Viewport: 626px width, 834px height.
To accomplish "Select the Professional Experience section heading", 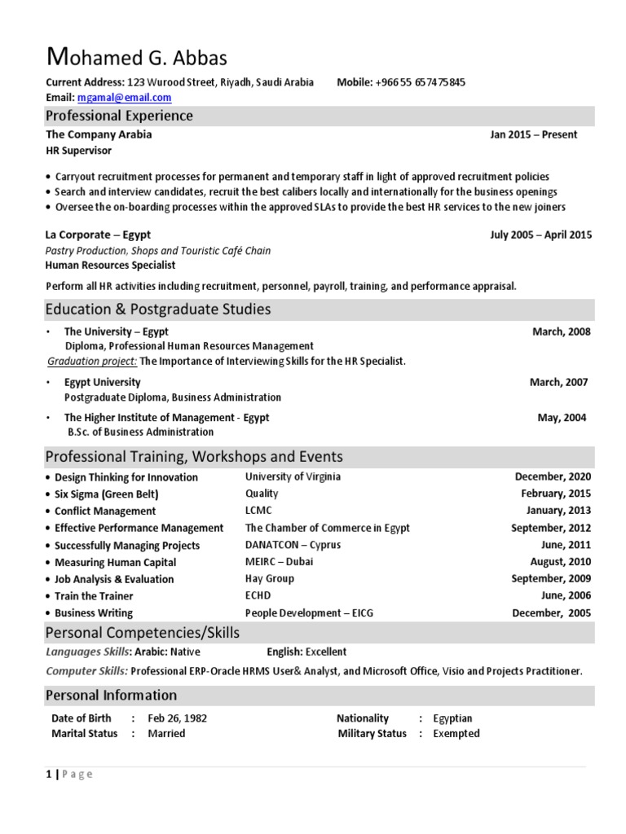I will coord(119,116).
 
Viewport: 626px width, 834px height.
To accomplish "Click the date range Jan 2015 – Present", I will coord(533,134).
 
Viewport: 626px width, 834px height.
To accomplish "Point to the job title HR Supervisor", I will coord(79,151).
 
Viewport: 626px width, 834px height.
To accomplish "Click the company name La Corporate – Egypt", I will coord(98,235).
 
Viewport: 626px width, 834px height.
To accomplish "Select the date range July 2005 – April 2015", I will coord(540,235).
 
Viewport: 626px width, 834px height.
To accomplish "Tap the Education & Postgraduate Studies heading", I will coord(158,309).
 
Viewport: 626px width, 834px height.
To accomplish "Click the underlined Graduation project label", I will coord(92,361).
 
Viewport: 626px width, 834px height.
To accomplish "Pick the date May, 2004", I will coord(561,417).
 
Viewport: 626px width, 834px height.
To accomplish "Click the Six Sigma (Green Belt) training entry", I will coord(106,494).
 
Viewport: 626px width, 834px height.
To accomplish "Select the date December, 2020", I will coord(553,476).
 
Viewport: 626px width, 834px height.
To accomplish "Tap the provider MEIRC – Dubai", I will coord(279,562).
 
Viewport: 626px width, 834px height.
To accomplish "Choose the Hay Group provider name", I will coord(270,578).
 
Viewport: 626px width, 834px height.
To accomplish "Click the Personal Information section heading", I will coord(111,695).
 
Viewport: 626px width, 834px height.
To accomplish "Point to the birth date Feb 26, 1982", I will coord(177,718).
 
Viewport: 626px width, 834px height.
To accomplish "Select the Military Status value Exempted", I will coord(456,733).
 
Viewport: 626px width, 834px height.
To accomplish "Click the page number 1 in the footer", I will coord(48,774).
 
